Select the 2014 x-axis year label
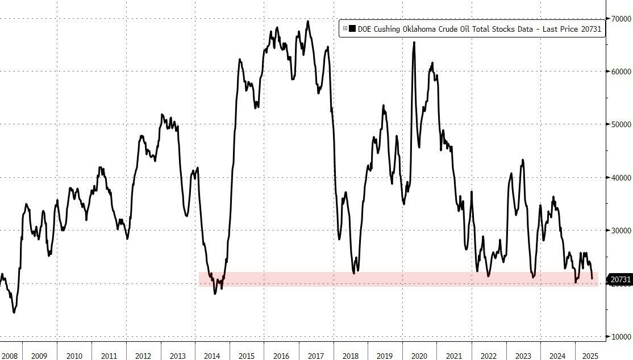click(212, 356)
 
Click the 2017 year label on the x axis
click(316, 356)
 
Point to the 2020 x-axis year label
click(419, 356)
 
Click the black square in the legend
click(352, 28)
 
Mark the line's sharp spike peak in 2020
click(414, 43)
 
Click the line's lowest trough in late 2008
click(14, 312)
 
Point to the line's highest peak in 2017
click(308, 22)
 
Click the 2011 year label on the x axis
click(109, 356)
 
